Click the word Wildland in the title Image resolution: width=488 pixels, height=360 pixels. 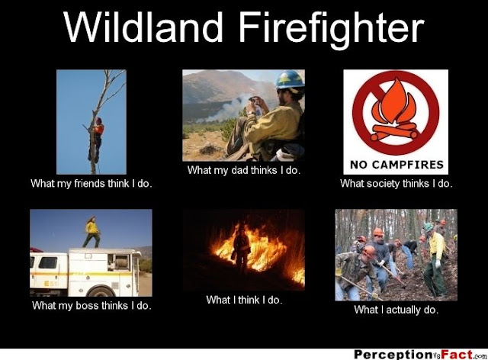[x=143, y=27]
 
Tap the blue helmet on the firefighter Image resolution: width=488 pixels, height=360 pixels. [x=290, y=80]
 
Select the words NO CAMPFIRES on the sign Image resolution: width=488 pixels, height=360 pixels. [x=396, y=165]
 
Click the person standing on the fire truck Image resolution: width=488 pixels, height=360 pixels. [x=91, y=232]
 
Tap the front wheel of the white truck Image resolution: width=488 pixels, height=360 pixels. [x=101, y=291]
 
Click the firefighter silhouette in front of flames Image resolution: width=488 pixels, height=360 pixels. [x=241, y=249]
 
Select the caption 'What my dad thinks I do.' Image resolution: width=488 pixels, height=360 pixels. [x=244, y=170]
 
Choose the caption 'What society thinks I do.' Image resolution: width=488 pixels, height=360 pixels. [x=396, y=184]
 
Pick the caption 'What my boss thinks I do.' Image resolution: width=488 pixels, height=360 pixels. [x=91, y=306]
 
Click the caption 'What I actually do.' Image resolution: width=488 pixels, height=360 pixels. [x=396, y=310]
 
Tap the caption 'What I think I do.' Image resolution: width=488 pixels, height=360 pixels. [x=244, y=300]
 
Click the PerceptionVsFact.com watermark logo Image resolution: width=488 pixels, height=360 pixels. [x=420, y=355]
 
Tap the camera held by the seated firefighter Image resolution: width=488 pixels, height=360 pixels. [x=254, y=100]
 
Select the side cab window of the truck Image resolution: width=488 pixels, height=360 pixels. [x=47, y=262]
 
